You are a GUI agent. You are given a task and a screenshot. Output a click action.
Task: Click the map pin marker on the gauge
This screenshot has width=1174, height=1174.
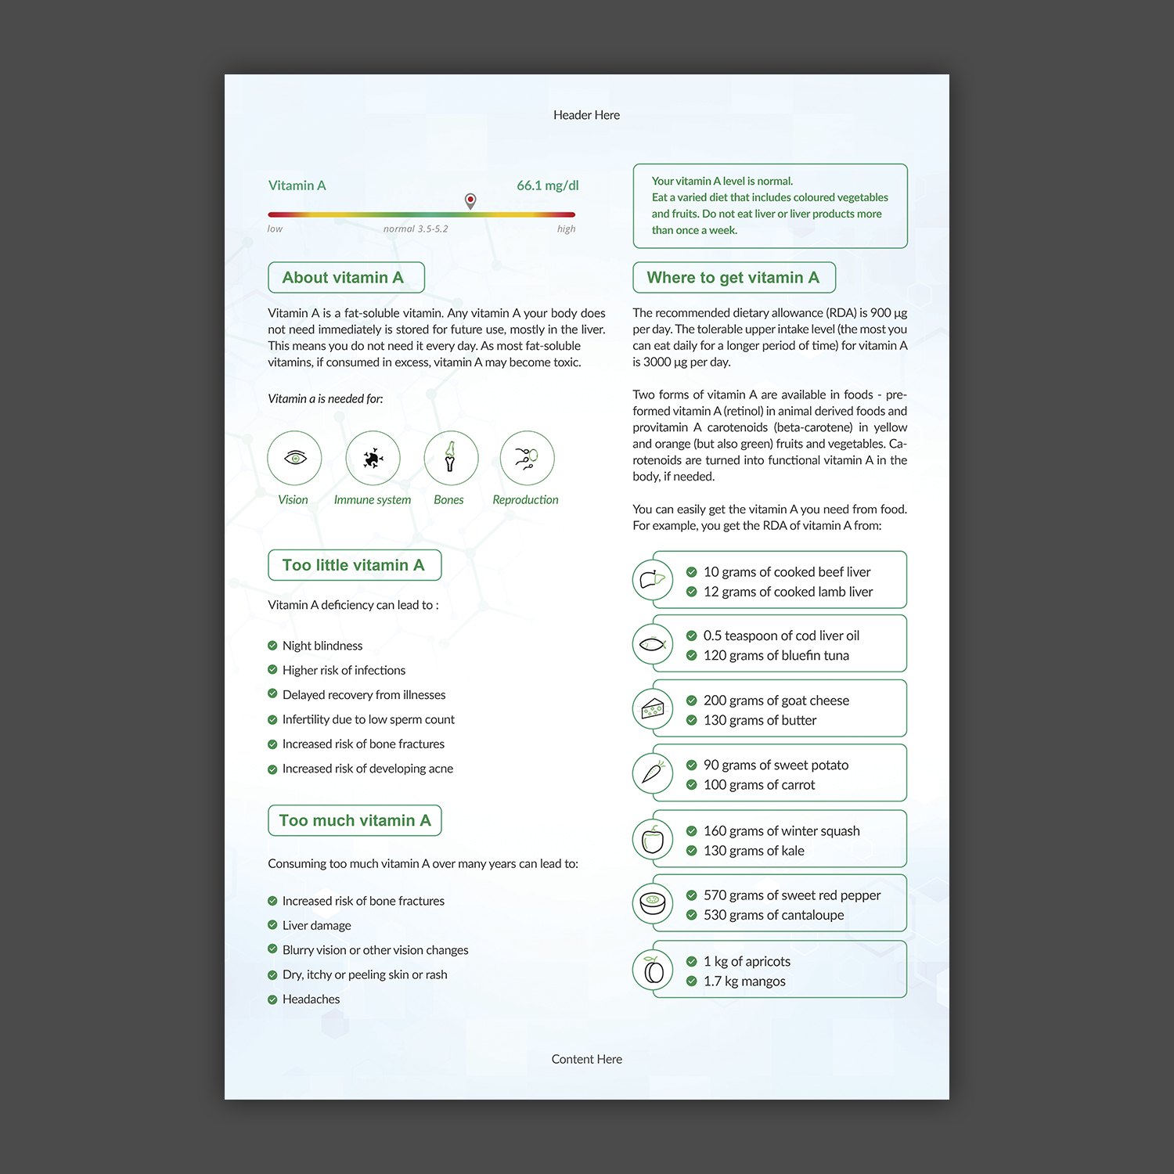[470, 200]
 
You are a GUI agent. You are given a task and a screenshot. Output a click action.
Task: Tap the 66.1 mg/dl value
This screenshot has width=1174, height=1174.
[547, 185]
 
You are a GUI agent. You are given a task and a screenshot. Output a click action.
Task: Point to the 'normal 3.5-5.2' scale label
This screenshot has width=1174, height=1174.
[416, 229]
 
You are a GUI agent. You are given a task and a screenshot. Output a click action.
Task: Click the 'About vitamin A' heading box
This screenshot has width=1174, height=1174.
[346, 278]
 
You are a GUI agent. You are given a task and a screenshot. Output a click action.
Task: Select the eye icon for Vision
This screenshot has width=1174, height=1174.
[294, 458]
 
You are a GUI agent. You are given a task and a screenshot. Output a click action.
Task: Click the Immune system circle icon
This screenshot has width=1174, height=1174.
[373, 458]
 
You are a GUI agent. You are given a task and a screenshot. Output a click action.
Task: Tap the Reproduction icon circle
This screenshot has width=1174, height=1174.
[527, 458]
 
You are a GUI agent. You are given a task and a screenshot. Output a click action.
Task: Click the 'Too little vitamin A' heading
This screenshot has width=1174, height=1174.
[354, 565]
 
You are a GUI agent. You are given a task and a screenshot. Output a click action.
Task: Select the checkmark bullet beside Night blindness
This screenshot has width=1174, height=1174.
[272, 646]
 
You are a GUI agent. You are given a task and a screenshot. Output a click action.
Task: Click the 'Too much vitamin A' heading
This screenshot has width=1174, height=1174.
[355, 820]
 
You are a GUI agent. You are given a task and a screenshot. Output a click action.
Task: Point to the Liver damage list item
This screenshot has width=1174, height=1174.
[316, 925]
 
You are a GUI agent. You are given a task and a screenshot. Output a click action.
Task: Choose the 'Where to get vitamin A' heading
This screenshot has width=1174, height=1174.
[733, 278]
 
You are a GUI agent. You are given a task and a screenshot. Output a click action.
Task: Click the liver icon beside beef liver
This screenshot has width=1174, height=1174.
[653, 580]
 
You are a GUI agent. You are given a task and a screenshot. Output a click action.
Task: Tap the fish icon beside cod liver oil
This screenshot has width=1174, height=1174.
[653, 644]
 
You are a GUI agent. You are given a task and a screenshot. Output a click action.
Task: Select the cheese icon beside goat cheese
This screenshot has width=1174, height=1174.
[653, 709]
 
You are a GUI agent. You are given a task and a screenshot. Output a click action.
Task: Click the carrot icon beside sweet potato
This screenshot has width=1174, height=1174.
[653, 773]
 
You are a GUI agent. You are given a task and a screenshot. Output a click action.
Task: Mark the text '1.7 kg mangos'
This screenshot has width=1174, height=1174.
[744, 981]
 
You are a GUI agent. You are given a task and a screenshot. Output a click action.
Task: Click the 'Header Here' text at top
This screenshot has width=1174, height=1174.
[586, 115]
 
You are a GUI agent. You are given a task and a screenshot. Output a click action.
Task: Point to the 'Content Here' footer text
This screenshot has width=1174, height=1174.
[586, 1059]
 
